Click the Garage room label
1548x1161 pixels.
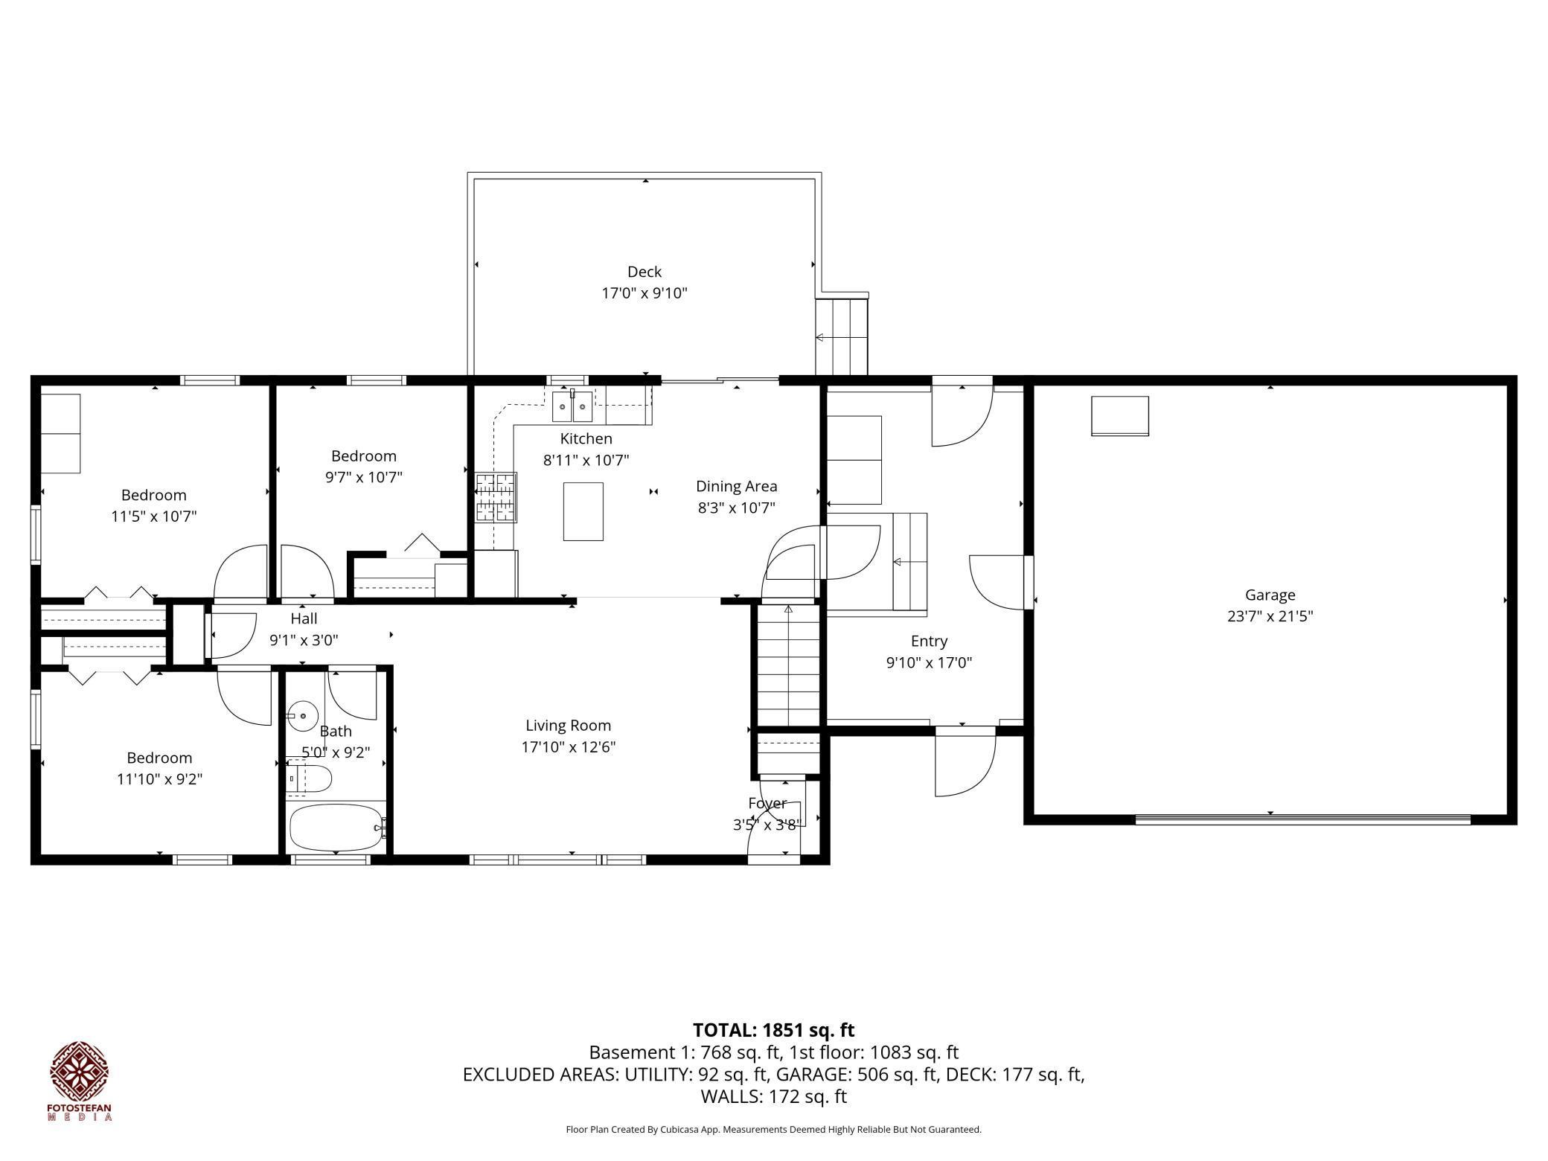(1270, 595)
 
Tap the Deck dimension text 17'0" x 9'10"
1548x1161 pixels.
(644, 293)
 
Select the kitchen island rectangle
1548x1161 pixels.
(583, 511)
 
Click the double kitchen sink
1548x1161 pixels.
(572, 407)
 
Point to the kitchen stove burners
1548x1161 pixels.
(496, 496)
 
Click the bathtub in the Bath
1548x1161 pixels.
(337, 827)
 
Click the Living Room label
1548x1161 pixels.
(568, 726)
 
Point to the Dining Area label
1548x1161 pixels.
(736, 486)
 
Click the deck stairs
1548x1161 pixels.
(842, 336)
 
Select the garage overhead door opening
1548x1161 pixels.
(1303, 820)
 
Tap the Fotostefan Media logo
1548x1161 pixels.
(80, 1080)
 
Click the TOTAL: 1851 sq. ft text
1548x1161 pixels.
(773, 1030)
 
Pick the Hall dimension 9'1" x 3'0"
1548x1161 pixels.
(304, 639)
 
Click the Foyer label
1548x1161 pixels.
(767, 803)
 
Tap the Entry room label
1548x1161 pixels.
(929, 641)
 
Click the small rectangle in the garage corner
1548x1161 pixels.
(1119, 415)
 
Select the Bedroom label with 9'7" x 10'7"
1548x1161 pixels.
(363, 455)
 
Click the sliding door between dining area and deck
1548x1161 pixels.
(720, 380)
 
